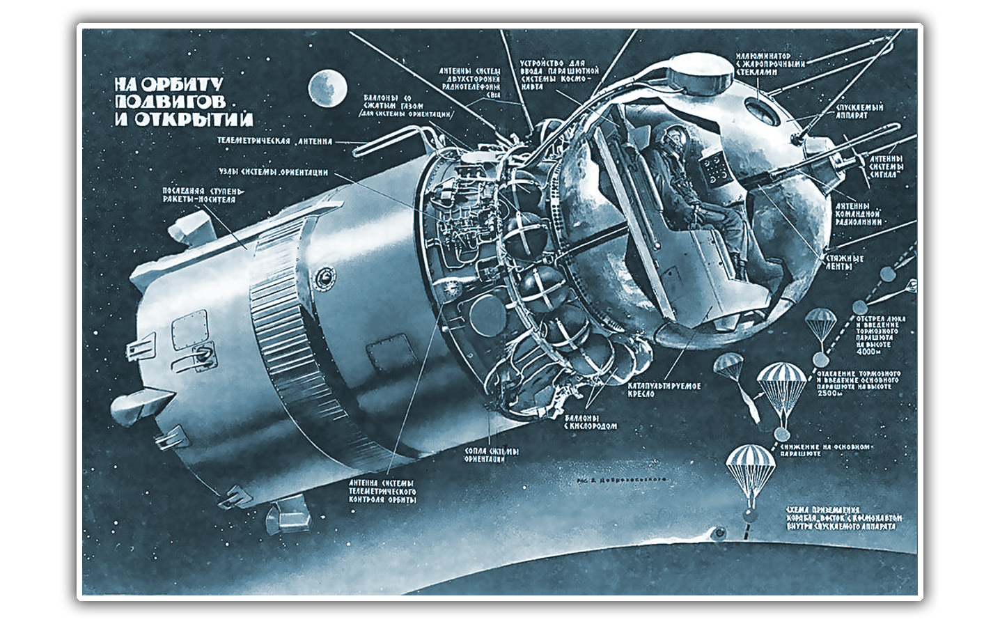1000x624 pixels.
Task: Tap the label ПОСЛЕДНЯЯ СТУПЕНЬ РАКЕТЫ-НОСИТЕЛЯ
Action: coord(198,195)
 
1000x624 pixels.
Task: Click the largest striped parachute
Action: coord(781,382)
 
